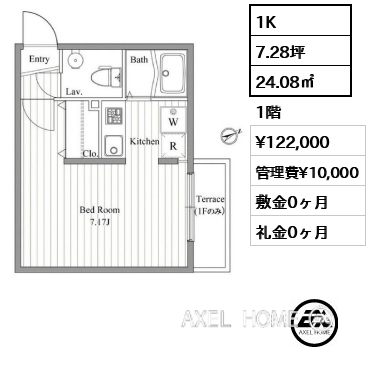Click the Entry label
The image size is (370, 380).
[x=39, y=59]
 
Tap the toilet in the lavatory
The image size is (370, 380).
[x=106, y=76]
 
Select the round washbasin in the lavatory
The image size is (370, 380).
[x=75, y=60]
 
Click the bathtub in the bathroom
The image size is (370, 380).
[x=172, y=73]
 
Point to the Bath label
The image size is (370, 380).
[x=139, y=60]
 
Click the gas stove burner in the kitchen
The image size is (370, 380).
[x=113, y=115]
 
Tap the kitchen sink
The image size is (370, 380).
[x=113, y=146]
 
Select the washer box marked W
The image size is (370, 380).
[x=173, y=119]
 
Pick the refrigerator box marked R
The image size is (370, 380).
[x=173, y=145]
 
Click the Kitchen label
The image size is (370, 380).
[x=144, y=141]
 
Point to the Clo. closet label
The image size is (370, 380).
[x=90, y=154]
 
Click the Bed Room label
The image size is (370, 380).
[x=99, y=210]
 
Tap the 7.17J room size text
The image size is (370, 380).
[x=100, y=222]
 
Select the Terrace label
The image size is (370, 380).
[x=210, y=199]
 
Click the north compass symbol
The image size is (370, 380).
[x=230, y=135]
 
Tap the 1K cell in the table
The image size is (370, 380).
[x=300, y=20]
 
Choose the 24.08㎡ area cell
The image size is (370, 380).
[x=300, y=81]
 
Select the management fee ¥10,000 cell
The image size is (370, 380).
[x=308, y=171]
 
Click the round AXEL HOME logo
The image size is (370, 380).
[x=315, y=322]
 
